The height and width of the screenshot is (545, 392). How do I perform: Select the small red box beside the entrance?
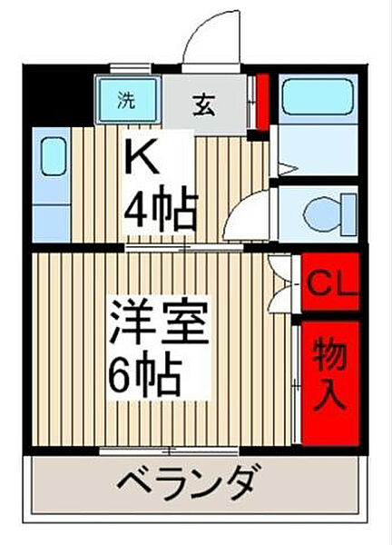[261, 102]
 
